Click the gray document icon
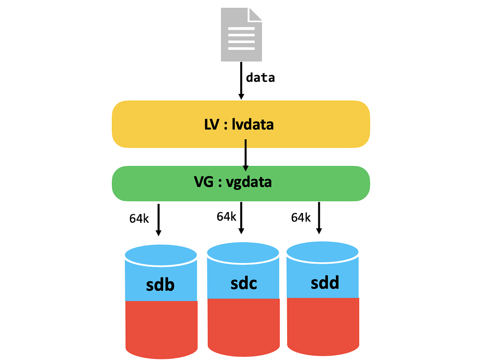pos(241,36)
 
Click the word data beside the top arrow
pos(260,77)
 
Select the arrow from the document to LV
pos(241,81)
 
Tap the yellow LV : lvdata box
pos(241,124)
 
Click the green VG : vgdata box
pos(241,183)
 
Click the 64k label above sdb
pos(139,218)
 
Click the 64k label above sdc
pos(226,217)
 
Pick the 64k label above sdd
pos(301,218)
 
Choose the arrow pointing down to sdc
pos(241,217)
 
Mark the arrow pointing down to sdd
pos(319,217)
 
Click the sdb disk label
pos(160,285)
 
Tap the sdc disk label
pos(243,283)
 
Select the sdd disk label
pos(325,283)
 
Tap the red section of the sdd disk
pos(323,326)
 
